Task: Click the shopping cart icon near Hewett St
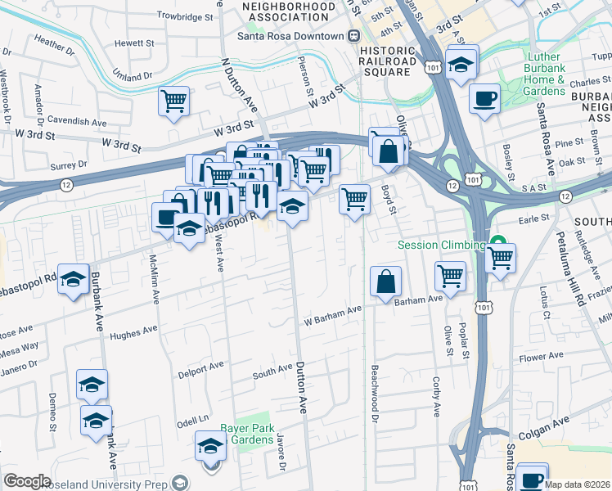click(x=173, y=101)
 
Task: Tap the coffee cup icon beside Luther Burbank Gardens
click(x=484, y=99)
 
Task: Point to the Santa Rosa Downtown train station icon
click(x=354, y=36)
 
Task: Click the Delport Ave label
click(x=200, y=367)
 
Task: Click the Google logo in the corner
click(x=27, y=481)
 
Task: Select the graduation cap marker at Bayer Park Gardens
click(x=210, y=446)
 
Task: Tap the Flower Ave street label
click(x=542, y=357)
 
